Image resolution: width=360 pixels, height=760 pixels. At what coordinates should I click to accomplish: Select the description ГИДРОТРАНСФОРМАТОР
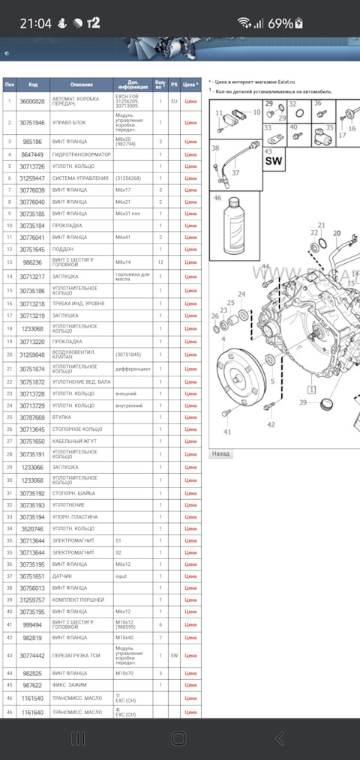(x=82, y=154)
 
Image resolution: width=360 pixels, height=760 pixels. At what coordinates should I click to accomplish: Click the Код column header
(x=32, y=85)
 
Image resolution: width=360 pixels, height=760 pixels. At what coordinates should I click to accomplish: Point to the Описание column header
(x=82, y=85)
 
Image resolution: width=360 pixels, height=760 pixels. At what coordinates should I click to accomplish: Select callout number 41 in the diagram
(x=227, y=432)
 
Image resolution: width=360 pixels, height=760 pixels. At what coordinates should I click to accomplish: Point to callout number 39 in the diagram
(x=303, y=402)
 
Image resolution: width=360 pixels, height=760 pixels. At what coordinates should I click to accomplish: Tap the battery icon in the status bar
(x=299, y=23)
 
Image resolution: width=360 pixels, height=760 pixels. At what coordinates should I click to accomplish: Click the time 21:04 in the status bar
(x=35, y=23)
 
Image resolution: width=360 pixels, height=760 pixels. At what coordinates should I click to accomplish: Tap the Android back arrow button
(x=280, y=738)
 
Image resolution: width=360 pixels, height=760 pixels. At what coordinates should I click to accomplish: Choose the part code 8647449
(x=32, y=154)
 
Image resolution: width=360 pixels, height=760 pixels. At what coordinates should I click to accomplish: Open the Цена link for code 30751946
(x=190, y=121)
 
